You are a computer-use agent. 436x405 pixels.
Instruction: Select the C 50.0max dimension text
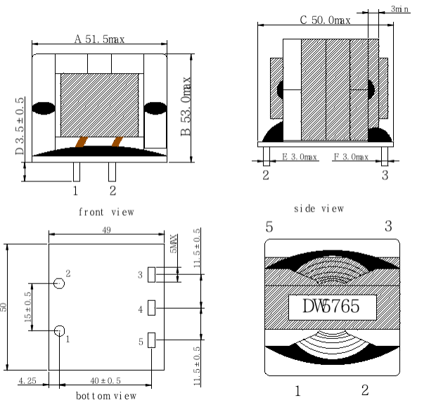coord(325,20)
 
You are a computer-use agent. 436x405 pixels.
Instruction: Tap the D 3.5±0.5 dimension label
coord(20,127)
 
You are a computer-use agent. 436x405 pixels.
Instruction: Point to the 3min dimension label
coord(399,9)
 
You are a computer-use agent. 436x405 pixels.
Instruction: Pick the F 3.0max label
coord(351,157)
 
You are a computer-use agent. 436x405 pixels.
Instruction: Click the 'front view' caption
coord(105,212)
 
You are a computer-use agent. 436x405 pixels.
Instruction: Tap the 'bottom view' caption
coord(105,396)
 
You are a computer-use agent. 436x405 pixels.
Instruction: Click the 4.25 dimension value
coord(27,380)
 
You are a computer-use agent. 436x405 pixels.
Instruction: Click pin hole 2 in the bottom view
coord(59,283)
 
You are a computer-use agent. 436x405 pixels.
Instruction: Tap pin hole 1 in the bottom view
coord(59,330)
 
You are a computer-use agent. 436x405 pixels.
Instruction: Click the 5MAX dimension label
coord(173,245)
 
